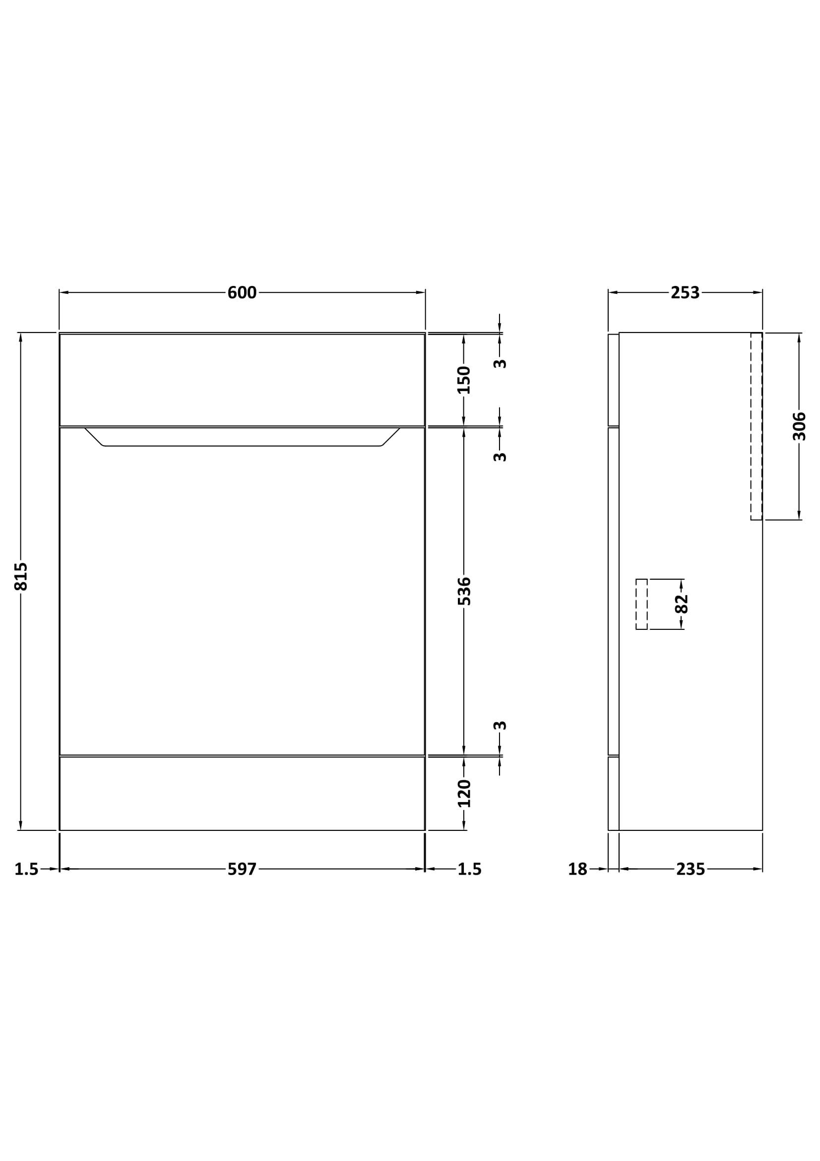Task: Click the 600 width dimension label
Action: (x=242, y=293)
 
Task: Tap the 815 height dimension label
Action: (x=21, y=576)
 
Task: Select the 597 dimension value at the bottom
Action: (x=242, y=869)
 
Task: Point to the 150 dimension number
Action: (x=464, y=380)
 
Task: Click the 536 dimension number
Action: (x=464, y=591)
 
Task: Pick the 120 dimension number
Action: (x=464, y=793)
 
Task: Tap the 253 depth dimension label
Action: (x=685, y=293)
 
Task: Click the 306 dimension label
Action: (x=799, y=426)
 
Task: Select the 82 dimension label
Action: (x=682, y=604)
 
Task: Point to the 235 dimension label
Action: (x=690, y=869)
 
